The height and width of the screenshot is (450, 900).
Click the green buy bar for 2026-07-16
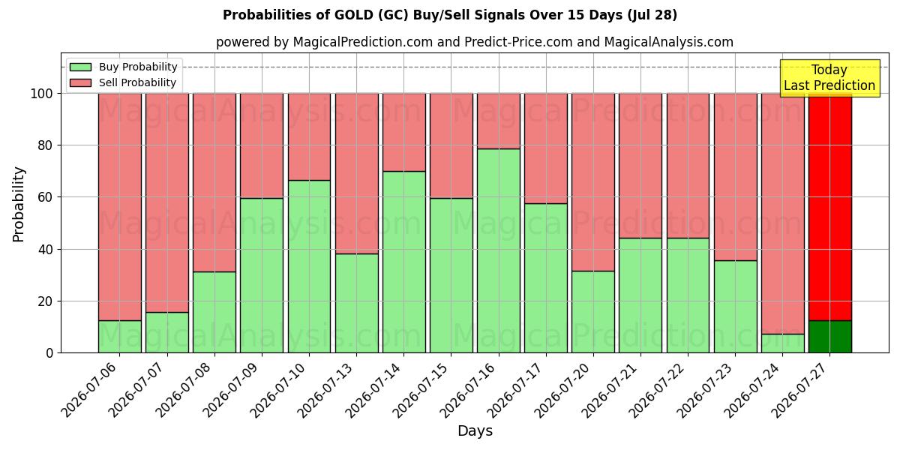click(x=499, y=250)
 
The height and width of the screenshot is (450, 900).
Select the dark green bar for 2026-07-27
click(x=830, y=337)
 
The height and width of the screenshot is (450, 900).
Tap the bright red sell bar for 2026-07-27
click(x=830, y=207)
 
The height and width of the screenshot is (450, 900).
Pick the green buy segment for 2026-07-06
click(x=120, y=337)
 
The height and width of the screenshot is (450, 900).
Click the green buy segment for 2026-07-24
click(x=783, y=343)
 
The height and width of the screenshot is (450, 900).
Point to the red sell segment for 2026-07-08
click(x=214, y=183)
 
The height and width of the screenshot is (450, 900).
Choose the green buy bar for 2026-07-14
click(x=403, y=262)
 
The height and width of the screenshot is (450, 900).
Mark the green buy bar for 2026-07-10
click(x=309, y=266)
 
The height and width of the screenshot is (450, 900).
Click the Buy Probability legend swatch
click(x=80, y=67)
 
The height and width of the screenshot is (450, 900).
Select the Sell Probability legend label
click(x=137, y=82)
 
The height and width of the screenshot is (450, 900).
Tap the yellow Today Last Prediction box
click(x=829, y=78)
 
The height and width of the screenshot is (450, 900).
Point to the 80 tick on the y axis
click(x=45, y=145)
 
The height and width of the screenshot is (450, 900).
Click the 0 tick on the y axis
click(x=49, y=353)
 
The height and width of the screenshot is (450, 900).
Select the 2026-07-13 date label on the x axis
click(x=325, y=391)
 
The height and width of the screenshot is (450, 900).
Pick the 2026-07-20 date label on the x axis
click(x=562, y=391)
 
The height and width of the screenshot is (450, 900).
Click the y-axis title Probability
click(x=19, y=204)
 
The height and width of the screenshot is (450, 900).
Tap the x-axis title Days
click(x=475, y=431)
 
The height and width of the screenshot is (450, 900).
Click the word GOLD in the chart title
click(x=354, y=15)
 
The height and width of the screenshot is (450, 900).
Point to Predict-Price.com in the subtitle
click(x=518, y=42)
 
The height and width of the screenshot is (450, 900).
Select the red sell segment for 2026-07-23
click(x=735, y=177)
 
